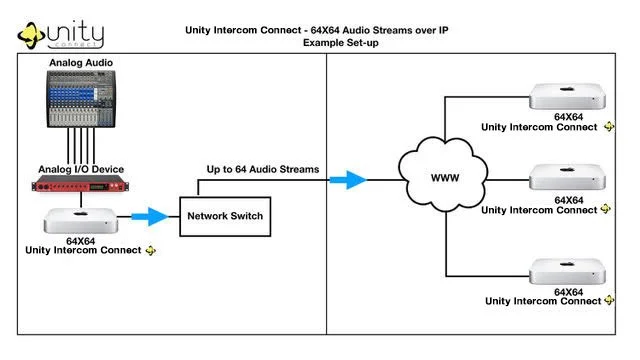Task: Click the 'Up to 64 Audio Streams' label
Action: [263, 169]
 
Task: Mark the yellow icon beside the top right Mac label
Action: [607, 127]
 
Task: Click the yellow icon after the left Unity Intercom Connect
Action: [151, 250]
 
